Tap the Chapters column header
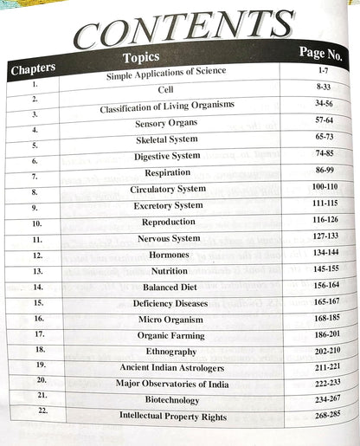33,69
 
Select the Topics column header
142,58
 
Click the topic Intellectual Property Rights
173,417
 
